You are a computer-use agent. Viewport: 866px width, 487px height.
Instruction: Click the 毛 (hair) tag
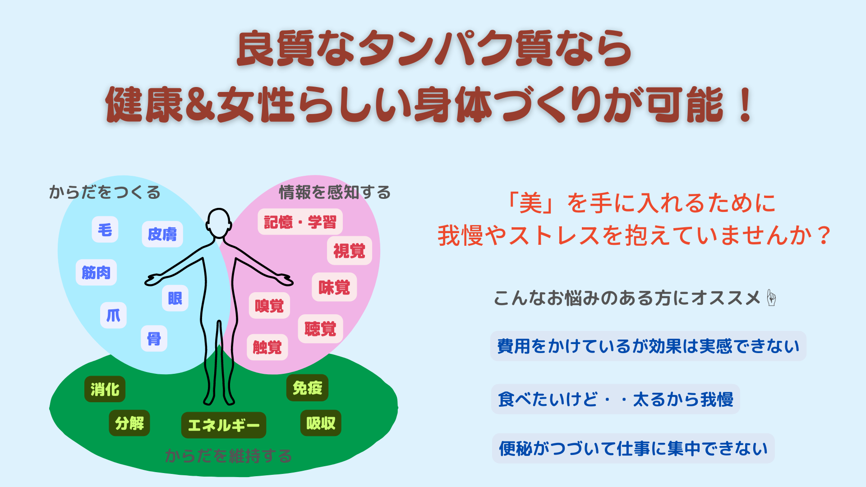[105, 230]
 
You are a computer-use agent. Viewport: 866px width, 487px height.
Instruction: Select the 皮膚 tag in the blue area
[162, 234]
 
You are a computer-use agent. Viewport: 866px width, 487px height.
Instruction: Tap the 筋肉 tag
[96, 272]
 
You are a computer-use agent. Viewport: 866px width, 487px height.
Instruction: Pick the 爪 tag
[113, 315]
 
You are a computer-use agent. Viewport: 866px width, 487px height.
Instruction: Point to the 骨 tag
[154, 338]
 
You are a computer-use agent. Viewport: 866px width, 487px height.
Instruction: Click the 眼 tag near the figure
[175, 298]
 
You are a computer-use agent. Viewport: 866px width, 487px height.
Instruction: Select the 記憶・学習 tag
[300, 222]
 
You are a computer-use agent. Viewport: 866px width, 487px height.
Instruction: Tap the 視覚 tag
[350, 251]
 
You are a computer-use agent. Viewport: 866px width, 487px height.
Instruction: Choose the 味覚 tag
[334, 287]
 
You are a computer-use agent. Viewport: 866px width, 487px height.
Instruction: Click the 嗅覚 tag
[269, 306]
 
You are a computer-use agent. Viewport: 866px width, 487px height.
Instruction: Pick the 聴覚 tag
[321, 329]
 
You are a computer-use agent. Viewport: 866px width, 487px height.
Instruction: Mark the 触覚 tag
[267, 347]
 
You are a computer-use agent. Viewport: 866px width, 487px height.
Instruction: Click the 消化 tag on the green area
[105, 389]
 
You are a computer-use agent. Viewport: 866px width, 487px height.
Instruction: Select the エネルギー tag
[224, 425]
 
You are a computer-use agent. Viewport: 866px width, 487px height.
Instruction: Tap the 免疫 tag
[308, 388]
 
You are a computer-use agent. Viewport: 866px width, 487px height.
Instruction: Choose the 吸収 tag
[321, 423]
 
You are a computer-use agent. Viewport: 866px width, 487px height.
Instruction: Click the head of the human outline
[219, 223]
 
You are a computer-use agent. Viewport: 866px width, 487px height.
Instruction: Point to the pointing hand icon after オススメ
[771, 298]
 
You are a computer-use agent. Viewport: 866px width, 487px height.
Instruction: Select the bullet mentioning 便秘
[633, 448]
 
